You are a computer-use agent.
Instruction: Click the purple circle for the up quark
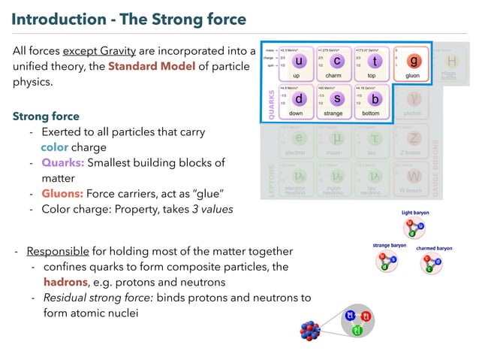tap(300, 62)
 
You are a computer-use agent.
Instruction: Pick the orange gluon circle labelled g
tap(415, 62)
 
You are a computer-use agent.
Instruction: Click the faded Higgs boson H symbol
tap(451, 60)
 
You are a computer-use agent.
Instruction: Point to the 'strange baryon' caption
tap(390, 245)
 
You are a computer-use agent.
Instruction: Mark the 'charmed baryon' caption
tap(434, 248)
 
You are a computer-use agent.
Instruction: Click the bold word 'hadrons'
tap(65, 282)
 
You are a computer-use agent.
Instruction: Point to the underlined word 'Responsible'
tap(58, 250)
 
